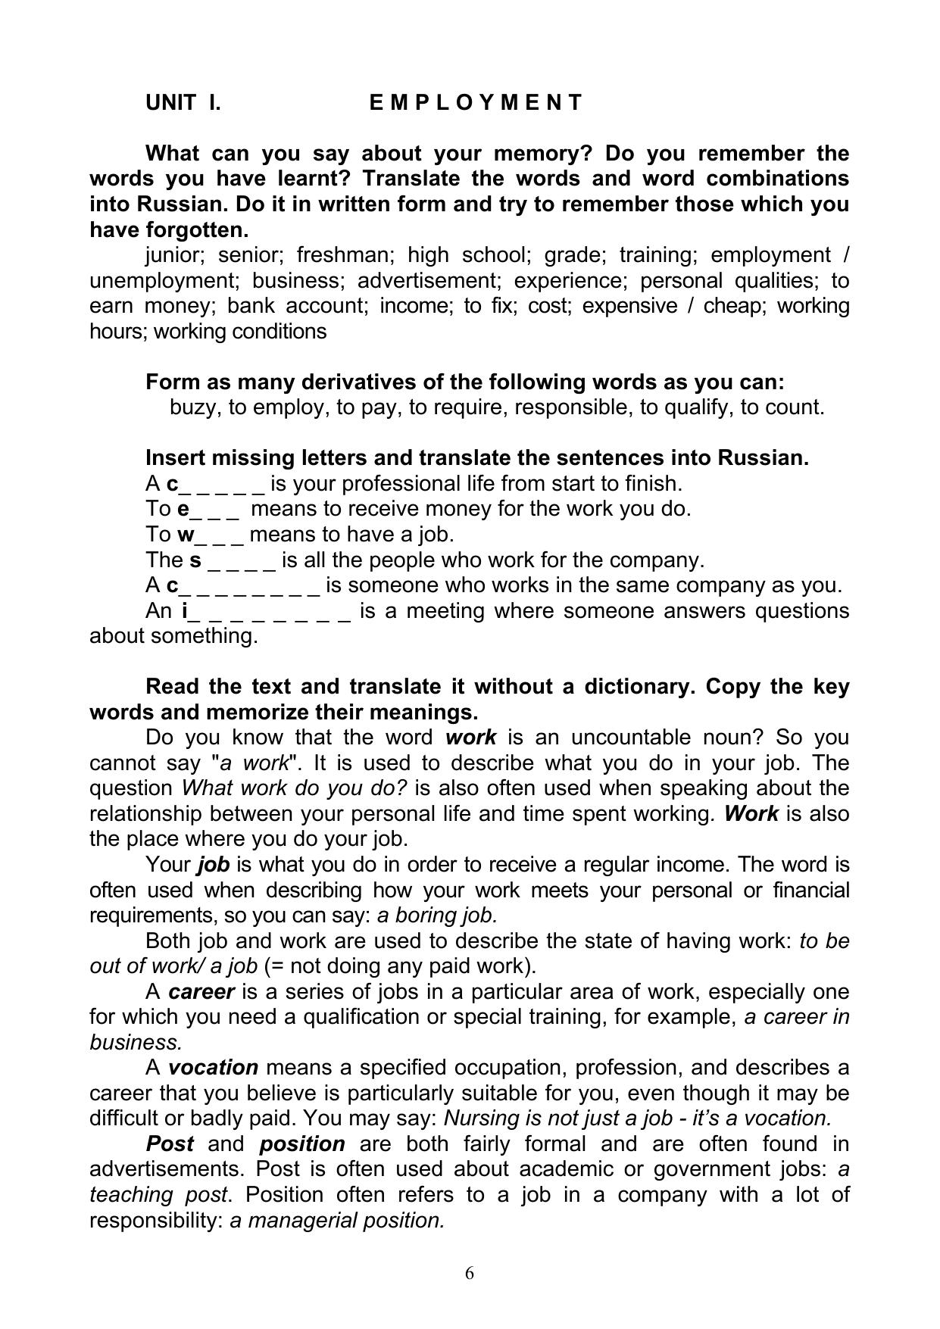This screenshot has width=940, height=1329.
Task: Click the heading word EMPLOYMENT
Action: [476, 102]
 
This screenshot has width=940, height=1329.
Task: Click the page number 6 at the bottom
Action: [470, 1273]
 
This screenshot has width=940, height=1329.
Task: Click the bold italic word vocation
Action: [213, 1068]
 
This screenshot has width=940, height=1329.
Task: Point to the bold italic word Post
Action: [170, 1143]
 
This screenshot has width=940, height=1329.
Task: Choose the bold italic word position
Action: [302, 1143]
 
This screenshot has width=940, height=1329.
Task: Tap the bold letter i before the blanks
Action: [184, 611]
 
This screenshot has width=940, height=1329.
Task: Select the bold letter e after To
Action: [183, 509]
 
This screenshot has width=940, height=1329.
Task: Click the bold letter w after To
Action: [186, 535]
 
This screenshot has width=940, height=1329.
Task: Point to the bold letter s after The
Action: [195, 560]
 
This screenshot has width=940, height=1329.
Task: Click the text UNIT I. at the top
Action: [183, 102]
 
